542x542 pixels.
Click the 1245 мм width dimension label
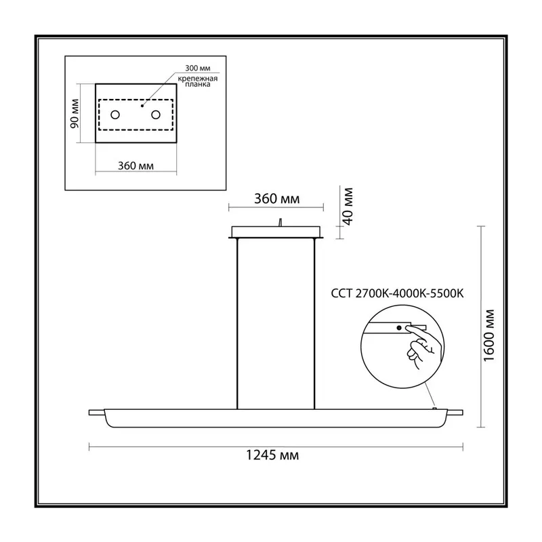[272, 455]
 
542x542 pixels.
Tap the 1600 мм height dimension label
[489, 335]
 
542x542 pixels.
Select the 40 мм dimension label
[348, 207]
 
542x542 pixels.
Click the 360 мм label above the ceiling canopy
[277, 199]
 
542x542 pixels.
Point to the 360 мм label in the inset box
[136, 166]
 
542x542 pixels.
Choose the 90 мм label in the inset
[75, 113]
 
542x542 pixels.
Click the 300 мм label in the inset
[198, 68]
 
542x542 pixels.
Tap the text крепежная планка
[198, 81]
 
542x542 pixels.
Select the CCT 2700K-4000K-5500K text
[397, 293]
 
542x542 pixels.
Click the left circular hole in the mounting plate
[115, 114]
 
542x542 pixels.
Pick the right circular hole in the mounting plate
[156, 114]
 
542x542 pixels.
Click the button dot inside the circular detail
[399, 328]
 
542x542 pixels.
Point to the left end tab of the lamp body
[96, 413]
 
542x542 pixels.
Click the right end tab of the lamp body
[455, 413]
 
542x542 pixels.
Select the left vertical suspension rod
[238, 324]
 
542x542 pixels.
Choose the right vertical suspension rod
[314, 324]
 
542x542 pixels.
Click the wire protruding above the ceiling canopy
[280, 222]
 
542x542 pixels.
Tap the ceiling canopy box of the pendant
[276, 232]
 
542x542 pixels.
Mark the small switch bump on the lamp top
[435, 409]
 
